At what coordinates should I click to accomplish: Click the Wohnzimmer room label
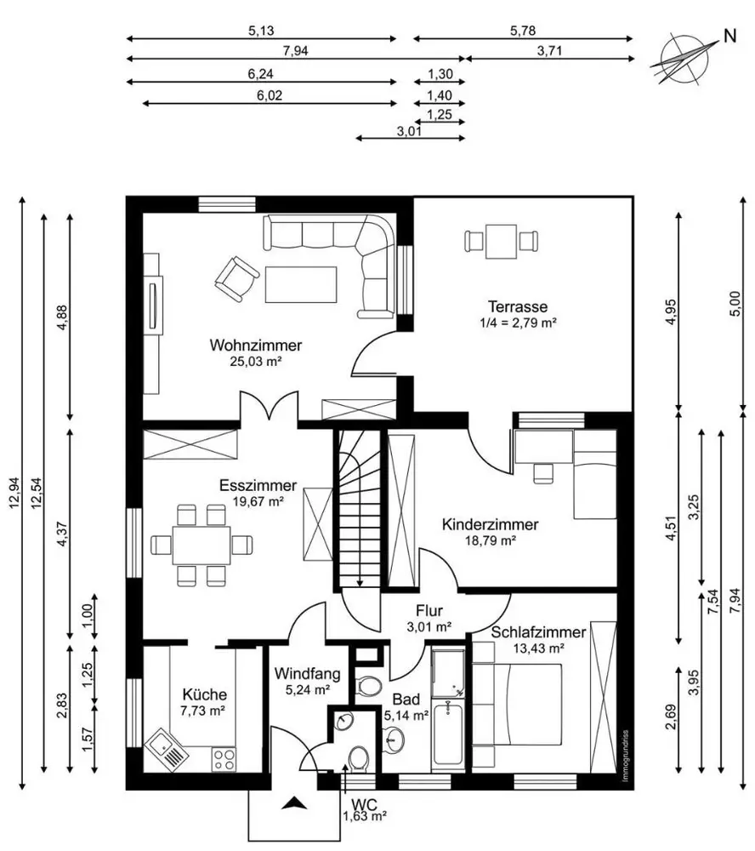coord(255,346)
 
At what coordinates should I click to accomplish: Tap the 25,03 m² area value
coord(255,362)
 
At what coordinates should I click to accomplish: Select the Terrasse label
coord(518,306)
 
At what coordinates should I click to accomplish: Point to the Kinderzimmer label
coord(491,525)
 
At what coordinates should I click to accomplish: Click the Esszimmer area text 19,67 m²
coord(258,501)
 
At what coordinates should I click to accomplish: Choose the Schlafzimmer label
coord(538,632)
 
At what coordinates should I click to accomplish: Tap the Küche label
coord(204,694)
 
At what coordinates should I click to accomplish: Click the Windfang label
coord(308,674)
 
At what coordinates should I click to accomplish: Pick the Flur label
coord(429,611)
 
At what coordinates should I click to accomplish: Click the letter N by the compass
coord(730,37)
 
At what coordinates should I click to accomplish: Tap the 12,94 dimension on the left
coord(14,494)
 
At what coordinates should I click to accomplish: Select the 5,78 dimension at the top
coord(523,31)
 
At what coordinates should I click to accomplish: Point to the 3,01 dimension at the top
coord(409,131)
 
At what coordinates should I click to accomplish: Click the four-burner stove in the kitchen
coord(224,759)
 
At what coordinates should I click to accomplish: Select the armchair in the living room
coord(236,279)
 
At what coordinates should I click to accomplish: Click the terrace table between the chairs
coord(501,242)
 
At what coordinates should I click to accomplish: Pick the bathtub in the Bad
coord(447,735)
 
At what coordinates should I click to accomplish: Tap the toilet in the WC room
coord(358,758)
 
